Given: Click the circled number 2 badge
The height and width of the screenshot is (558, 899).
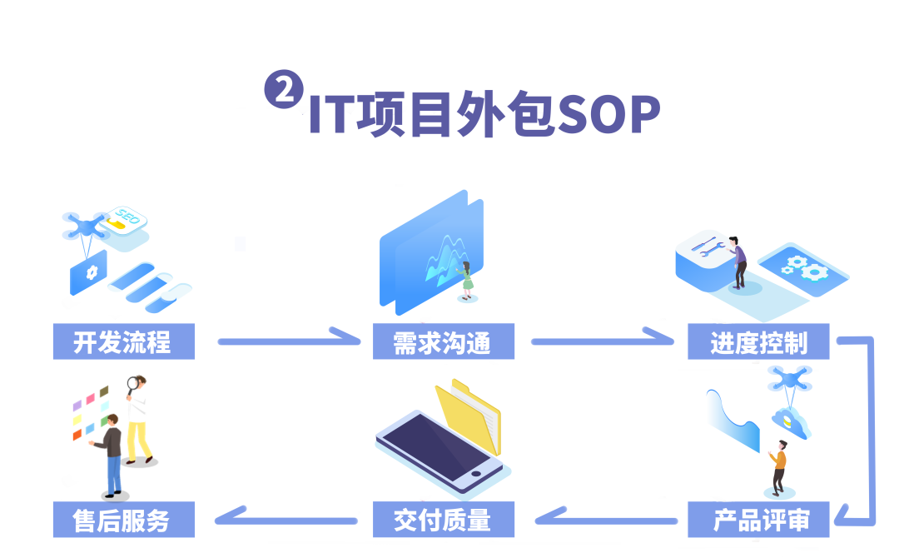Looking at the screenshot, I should [x=284, y=89].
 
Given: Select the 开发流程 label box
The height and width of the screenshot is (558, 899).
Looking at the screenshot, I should [x=123, y=341].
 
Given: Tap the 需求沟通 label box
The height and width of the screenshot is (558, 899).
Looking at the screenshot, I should [x=443, y=341].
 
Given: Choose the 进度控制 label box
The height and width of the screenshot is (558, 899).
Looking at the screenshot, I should [x=758, y=341].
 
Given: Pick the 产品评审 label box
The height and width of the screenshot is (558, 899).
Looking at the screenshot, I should [x=759, y=520].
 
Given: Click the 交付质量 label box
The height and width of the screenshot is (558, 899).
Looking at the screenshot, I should [x=443, y=520].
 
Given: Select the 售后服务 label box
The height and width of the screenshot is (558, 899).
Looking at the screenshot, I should [x=123, y=520].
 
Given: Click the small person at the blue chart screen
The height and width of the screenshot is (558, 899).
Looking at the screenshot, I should [x=467, y=280].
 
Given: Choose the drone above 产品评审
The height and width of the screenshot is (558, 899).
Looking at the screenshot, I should [x=789, y=380].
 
